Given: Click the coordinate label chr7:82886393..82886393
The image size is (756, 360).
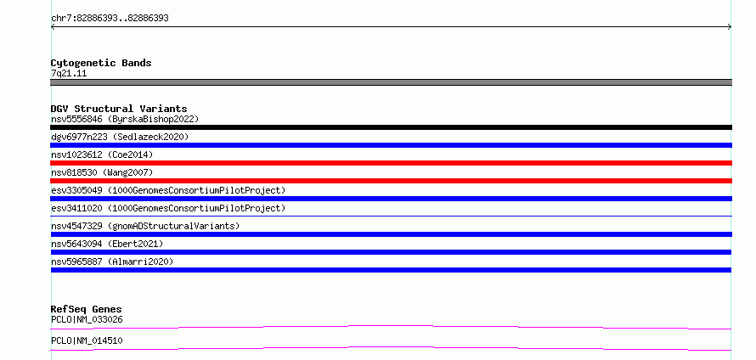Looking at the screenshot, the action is (x=110, y=19).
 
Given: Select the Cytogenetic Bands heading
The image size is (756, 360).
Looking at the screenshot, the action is (x=101, y=63).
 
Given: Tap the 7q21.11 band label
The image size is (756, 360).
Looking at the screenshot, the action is (x=69, y=74).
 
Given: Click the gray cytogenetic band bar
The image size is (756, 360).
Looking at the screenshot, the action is (x=391, y=82).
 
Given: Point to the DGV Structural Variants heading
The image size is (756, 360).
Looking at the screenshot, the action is (x=119, y=109).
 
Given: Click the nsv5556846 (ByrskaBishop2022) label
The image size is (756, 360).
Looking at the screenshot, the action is (x=125, y=119).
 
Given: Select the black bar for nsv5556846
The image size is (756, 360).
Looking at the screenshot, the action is (x=391, y=127).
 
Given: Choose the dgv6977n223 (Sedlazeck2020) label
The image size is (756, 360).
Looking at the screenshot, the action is (x=120, y=137).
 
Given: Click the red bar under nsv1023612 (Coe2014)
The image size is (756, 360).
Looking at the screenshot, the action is (x=391, y=163).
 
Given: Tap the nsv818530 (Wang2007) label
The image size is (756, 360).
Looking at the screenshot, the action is (x=102, y=172).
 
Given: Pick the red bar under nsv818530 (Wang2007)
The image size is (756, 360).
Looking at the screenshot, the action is (x=391, y=181).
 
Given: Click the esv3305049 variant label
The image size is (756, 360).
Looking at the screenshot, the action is (x=76, y=190).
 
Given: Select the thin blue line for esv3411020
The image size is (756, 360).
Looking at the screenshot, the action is (x=391, y=216).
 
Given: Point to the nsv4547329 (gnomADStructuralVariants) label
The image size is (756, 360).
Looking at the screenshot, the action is (x=145, y=226).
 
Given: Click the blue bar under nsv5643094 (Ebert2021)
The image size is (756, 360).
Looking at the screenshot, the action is (x=391, y=252).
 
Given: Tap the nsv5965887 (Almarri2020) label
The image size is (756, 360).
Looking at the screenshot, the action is (x=112, y=262).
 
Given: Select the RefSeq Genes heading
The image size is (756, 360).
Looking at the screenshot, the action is (x=87, y=309).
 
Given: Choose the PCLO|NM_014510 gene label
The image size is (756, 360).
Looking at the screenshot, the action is (x=87, y=340).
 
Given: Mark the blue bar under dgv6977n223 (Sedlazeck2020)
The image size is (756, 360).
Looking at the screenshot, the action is (x=391, y=145).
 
